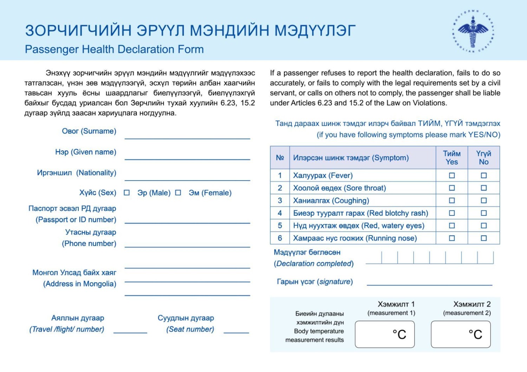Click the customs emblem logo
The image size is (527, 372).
[473, 31]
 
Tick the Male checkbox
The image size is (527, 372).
[127, 193]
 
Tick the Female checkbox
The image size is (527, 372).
[178, 193]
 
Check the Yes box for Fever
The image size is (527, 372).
[452, 175]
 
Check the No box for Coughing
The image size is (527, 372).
[484, 201]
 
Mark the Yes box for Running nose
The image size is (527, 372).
[452, 238]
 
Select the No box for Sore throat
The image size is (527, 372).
[484, 188]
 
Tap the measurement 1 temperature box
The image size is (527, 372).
[385, 334]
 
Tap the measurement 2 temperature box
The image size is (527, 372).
[461, 334]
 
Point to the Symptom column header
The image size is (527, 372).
[351, 158]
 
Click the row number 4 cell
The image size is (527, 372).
[280, 213]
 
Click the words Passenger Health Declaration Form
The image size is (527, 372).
[114, 49]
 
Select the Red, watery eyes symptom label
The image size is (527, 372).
[359, 226]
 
